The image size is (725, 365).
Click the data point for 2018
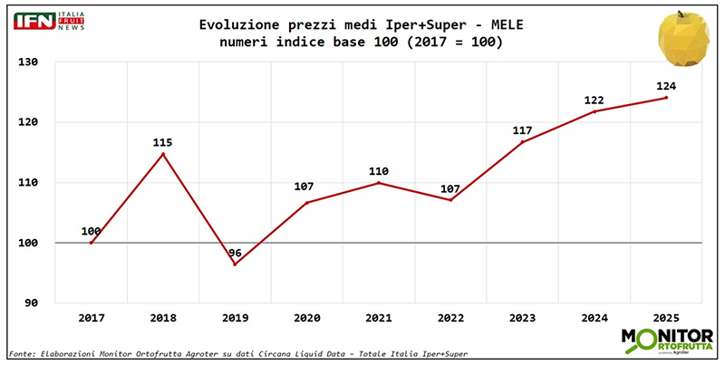click(163, 154)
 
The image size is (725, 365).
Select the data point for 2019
click(235, 264)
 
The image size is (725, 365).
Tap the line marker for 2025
click(666, 98)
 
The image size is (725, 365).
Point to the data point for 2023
click(522, 142)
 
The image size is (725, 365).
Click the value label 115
click(163, 142)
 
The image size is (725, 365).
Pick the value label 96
click(236, 253)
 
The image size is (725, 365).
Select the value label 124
click(666, 86)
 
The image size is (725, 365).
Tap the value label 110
click(379, 171)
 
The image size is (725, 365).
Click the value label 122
click(594, 100)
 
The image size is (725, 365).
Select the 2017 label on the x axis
click(92, 319)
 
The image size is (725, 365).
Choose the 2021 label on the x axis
click(379, 319)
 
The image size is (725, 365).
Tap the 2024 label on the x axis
click(594, 319)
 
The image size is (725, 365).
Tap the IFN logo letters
click(34, 21)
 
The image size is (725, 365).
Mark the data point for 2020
click(306, 202)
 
